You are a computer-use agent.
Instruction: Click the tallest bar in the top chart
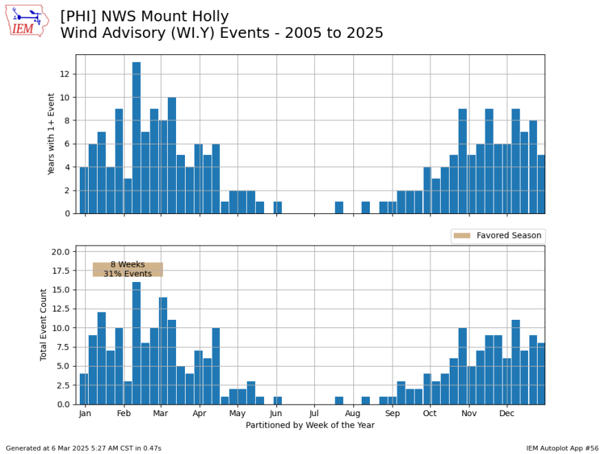(136, 138)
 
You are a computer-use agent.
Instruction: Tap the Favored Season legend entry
(498, 236)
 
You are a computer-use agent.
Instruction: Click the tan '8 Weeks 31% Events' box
(128, 269)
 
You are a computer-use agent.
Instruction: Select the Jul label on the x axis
(314, 414)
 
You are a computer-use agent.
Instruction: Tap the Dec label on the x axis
(507, 414)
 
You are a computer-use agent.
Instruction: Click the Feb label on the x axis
(124, 414)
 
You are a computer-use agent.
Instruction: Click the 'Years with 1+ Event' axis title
(52, 134)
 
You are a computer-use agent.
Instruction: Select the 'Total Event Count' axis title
(44, 325)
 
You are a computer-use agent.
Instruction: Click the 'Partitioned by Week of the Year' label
(310, 425)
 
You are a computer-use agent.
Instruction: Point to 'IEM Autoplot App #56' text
(562, 448)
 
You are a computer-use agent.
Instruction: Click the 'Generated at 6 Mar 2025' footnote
(83, 448)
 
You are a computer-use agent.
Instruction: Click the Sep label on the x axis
(392, 414)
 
